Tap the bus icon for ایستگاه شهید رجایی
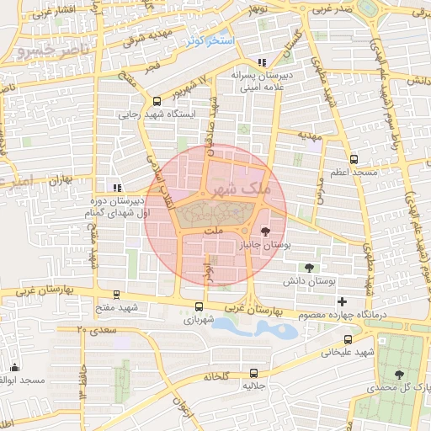click(157, 100)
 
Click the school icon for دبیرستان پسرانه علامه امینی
click(262, 61)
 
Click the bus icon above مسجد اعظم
click(354, 158)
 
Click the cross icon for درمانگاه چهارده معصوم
click(341, 301)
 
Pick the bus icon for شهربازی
click(199, 307)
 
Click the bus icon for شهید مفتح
click(116, 295)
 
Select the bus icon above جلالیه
click(253, 374)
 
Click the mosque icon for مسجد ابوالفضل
click(14, 367)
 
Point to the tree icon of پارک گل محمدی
click(399, 375)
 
